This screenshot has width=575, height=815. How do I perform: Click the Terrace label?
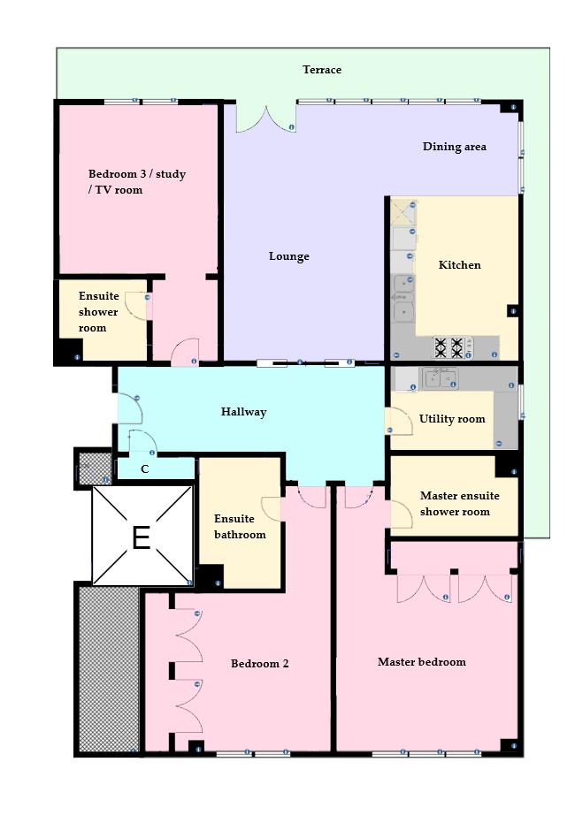pyautogui.click(x=321, y=70)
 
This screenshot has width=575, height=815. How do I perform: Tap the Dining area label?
pyautogui.click(x=454, y=147)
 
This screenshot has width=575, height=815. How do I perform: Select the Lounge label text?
pyautogui.click(x=289, y=256)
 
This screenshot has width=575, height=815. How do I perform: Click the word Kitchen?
pyautogui.click(x=459, y=264)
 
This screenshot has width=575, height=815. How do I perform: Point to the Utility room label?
pyautogui.click(x=452, y=419)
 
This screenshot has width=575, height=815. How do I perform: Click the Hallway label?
pyautogui.click(x=243, y=412)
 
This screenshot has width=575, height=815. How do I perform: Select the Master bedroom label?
pyautogui.click(x=421, y=662)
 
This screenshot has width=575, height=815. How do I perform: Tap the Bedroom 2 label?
pyautogui.click(x=259, y=664)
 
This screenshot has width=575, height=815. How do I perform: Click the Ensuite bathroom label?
pyautogui.click(x=239, y=527)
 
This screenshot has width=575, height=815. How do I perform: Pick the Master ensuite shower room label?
pyautogui.click(x=459, y=504)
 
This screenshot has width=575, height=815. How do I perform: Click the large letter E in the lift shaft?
pyautogui.click(x=141, y=537)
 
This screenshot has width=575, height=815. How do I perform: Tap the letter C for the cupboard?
pyautogui.click(x=144, y=469)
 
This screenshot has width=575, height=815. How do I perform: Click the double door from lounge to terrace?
pyautogui.click(x=264, y=119)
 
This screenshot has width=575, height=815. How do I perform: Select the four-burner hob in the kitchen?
pyautogui.click(x=448, y=347)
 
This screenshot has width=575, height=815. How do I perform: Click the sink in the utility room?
pyautogui.click(x=439, y=378)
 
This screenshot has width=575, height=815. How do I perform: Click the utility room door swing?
pyautogui.click(x=399, y=422)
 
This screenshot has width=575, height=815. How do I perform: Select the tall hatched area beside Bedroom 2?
pyautogui.click(x=109, y=670)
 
